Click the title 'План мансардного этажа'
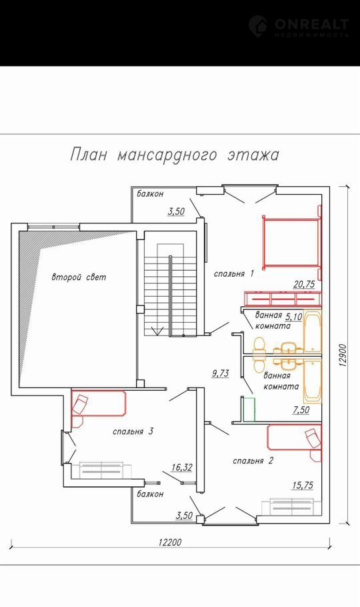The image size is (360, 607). coord(175,155)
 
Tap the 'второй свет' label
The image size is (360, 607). coord(79,277)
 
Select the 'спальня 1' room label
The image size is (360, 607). coord(234,274)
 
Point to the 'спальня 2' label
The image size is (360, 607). coord(253,461)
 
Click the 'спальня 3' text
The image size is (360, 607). coord(133,432)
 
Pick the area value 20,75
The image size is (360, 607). coord(304,285)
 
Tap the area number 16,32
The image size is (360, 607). coord(181,468)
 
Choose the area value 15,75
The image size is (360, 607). coord(303,486)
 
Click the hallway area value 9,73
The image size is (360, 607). coord(221,374)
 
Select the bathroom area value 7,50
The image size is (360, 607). coord(301,410)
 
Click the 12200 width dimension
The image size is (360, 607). coord(169,542)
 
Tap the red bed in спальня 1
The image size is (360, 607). coord(292,242)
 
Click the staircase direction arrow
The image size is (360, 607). coord(157,330)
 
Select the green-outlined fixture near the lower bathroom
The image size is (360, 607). coord(248,408)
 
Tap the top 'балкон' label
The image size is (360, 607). coord(150,193)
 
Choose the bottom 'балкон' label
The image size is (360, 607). coord(150,494)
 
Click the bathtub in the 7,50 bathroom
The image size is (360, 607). coord(313,382)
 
